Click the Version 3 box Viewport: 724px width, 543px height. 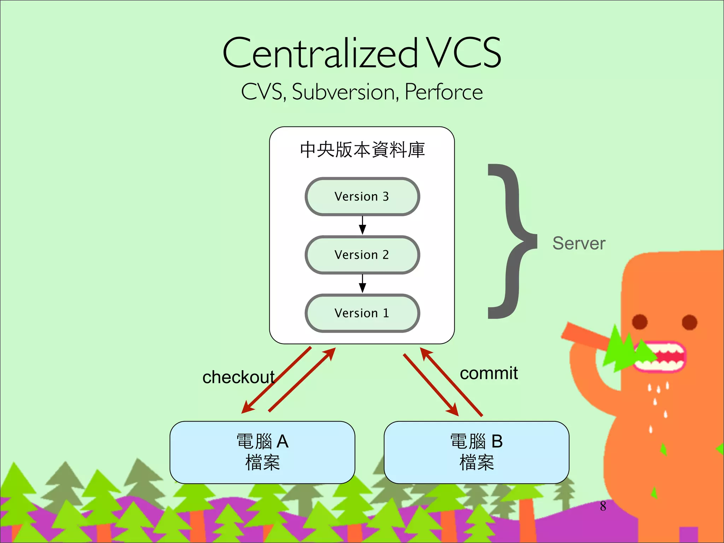click(362, 197)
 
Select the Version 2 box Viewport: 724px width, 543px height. click(362, 255)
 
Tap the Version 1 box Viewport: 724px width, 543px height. click(362, 313)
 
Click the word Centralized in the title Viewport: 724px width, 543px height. click(320, 53)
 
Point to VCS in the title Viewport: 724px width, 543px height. click(463, 53)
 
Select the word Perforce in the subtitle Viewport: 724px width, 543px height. click(444, 92)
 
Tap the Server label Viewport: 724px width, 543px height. click(579, 244)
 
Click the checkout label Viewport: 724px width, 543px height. click(238, 377)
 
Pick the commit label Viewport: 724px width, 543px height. click(489, 373)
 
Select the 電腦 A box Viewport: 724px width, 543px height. click(262, 452)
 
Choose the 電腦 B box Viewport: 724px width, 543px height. click(476, 452)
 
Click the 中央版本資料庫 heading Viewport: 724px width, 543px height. click(362, 150)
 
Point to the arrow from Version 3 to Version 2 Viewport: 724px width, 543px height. click(362, 225)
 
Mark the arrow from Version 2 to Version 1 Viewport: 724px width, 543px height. click(362, 284)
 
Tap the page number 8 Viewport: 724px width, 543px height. click(603, 506)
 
